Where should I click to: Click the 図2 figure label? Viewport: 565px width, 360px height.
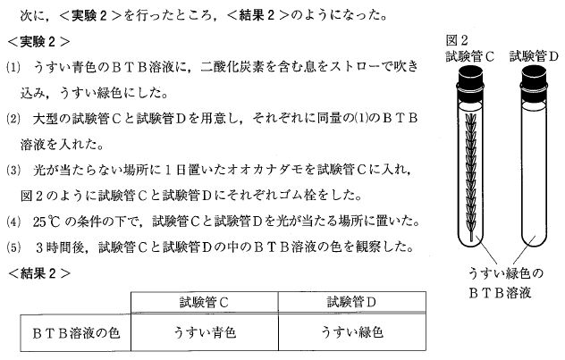tap(457, 40)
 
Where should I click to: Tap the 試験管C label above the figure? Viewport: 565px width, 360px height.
tap(469, 56)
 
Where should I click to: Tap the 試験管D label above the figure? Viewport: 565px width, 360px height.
tap(534, 56)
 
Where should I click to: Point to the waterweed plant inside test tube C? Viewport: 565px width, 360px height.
tap(470, 176)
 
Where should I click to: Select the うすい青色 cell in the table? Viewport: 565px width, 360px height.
tap(205, 332)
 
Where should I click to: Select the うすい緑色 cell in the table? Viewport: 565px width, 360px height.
tap(352, 332)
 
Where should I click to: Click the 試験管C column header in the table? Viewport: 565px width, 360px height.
tap(205, 302)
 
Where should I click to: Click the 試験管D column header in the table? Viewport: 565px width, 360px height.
tap(352, 302)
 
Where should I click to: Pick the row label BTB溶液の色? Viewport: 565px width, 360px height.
tap(76, 333)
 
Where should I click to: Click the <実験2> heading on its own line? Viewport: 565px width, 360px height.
tap(39, 42)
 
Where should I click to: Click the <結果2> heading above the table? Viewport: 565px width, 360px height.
tap(39, 274)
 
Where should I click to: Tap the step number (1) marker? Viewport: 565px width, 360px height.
tap(13, 67)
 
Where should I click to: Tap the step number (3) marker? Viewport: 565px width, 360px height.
tap(13, 170)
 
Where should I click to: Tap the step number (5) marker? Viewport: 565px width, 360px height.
tap(13, 247)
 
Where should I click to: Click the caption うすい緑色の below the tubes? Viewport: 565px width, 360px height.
tap(505, 274)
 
